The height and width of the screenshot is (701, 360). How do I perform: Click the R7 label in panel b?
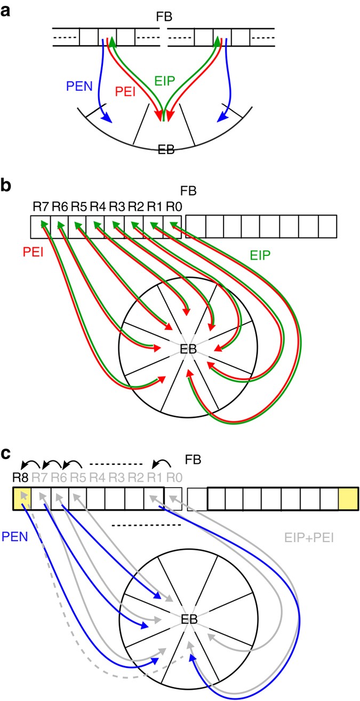click(39, 206)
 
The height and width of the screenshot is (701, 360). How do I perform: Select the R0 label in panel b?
click(173, 206)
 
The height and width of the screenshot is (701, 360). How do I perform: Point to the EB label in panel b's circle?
click(188, 350)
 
